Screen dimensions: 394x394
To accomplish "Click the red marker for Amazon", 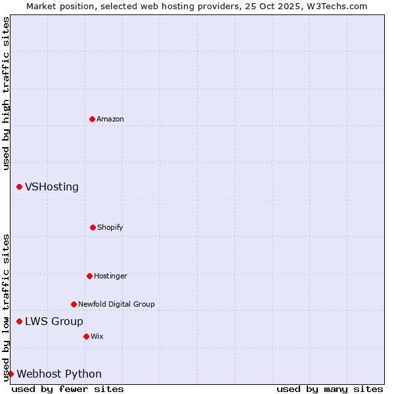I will coord(92,119).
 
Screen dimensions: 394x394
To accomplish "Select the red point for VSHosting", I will coord(19,187).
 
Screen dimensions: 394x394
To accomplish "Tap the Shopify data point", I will coord(93,227).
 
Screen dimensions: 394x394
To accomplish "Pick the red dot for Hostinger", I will coord(89,276).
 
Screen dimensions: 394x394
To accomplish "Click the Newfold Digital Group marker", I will coord(74,304).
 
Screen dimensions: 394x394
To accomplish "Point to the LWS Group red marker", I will coord(19,321).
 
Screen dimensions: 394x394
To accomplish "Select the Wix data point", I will coord(86,336).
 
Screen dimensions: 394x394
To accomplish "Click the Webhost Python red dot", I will coord(11,374).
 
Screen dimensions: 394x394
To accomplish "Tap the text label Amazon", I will coord(110,119).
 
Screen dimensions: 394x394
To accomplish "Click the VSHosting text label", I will coord(52,187).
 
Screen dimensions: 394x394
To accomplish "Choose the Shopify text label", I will coord(110,227).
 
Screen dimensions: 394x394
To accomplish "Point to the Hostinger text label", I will coord(110,276).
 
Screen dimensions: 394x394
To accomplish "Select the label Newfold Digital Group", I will coord(116,304).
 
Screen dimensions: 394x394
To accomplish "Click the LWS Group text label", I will coord(54,321).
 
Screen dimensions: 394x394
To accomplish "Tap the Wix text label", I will coord(97,336).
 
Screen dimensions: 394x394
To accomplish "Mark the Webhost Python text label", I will coord(59,374).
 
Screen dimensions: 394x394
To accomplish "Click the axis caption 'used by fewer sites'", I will coord(68,389).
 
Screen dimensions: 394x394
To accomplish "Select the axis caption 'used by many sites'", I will coord(330,389).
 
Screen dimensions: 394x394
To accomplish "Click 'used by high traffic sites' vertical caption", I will coord(6,93).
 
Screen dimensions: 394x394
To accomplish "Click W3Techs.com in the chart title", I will coord(335,6).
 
